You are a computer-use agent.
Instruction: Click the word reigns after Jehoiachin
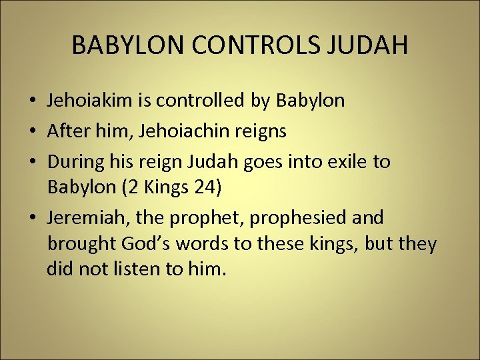pyautogui.click(x=263, y=131)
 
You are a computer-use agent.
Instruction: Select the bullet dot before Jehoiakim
pyautogui.click(x=33, y=101)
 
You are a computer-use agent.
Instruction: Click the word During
pyautogui.click(x=76, y=162)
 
